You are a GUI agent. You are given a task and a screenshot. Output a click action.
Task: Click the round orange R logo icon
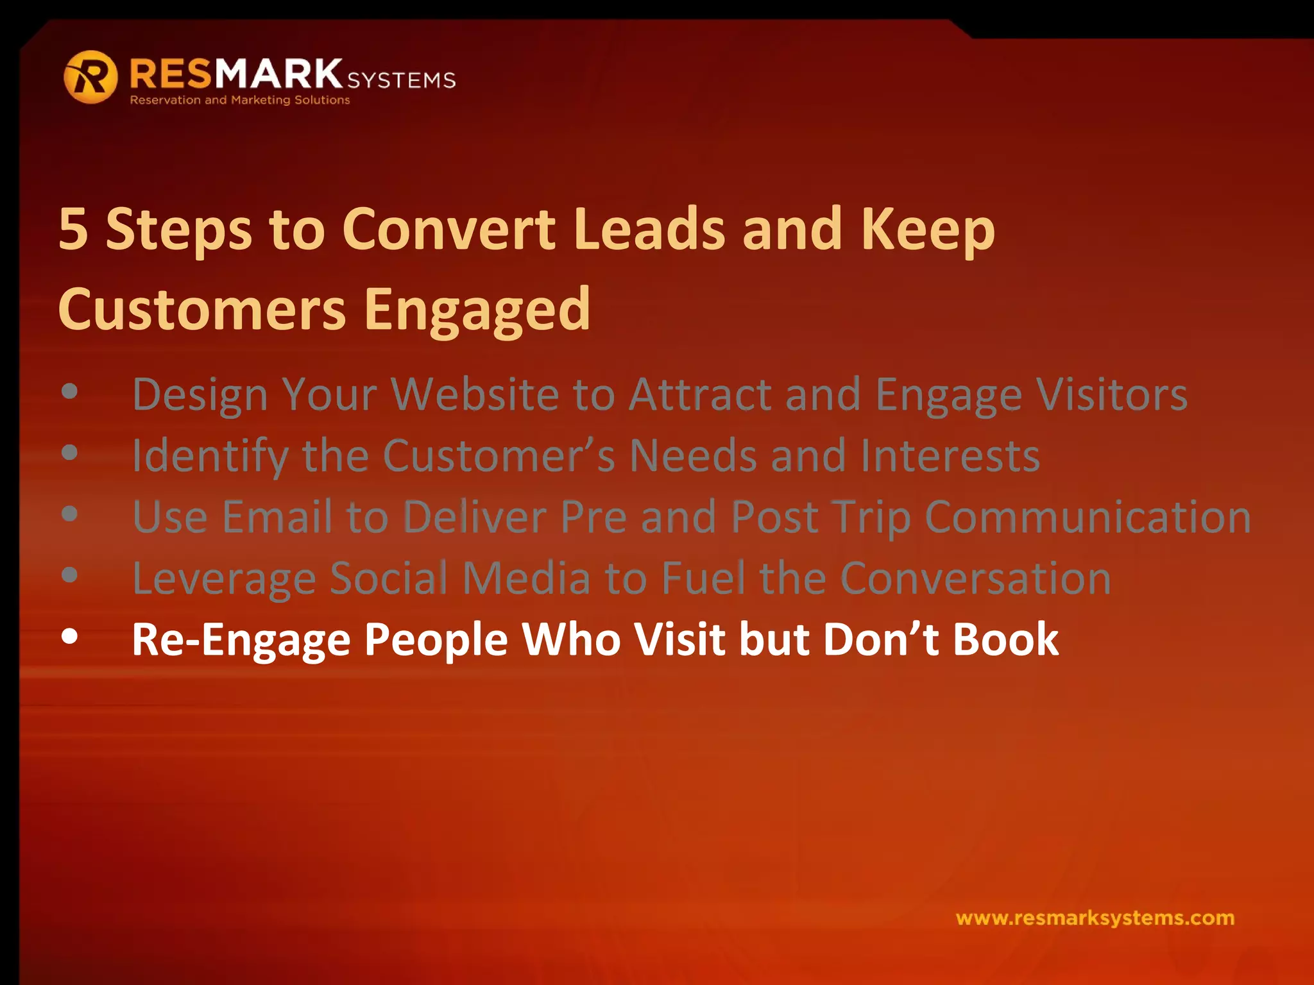click(90, 77)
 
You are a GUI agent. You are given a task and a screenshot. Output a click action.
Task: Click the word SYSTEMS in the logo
click(402, 80)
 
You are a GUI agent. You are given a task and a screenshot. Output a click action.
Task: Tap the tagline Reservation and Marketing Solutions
click(240, 100)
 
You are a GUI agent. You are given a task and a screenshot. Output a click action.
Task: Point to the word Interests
click(950, 455)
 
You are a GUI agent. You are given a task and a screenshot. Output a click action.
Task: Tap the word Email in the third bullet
click(277, 517)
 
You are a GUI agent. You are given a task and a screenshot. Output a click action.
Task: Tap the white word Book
click(1005, 639)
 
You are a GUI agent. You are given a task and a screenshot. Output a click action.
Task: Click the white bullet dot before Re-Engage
click(70, 637)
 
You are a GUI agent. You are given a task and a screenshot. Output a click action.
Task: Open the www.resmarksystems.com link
click(1095, 918)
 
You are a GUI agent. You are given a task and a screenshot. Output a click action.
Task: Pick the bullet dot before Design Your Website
click(70, 391)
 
